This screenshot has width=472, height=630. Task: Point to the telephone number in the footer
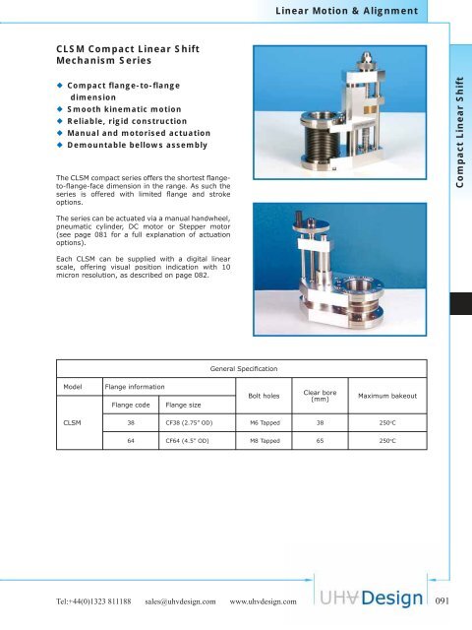click(x=78, y=599)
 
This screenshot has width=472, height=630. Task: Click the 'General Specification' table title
click(x=243, y=368)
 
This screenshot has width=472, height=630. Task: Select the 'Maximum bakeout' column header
click(x=387, y=396)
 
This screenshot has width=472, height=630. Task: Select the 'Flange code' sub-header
click(x=132, y=404)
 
